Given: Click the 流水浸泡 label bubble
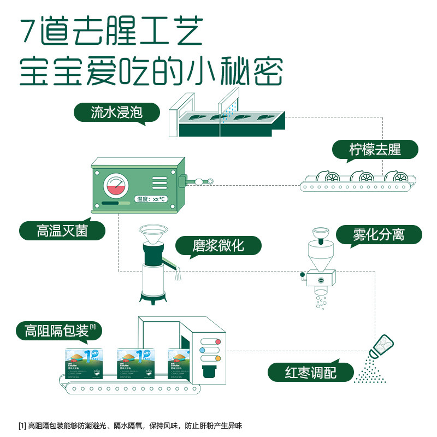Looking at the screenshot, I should click(x=117, y=113).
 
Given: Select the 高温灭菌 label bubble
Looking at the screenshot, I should click(x=62, y=231).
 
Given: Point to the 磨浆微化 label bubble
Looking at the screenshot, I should click(x=218, y=246).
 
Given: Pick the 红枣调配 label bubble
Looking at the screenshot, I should click(x=311, y=373).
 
